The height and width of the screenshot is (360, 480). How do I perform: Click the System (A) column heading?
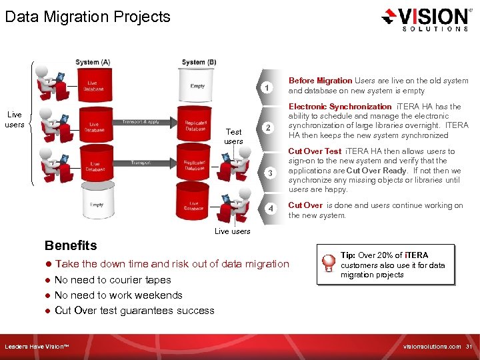coord(93,63)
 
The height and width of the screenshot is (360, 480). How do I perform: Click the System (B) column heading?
coord(199,63)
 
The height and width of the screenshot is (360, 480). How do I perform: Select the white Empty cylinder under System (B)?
coord(197,85)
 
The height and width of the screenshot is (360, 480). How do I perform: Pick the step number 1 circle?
coord(267,87)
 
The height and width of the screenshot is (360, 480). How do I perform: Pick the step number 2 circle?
coord(267,128)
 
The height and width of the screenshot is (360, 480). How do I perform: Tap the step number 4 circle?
coord(270,209)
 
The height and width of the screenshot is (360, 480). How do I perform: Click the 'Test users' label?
coord(233,137)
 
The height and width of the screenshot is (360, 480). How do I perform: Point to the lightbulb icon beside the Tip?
coord(328,264)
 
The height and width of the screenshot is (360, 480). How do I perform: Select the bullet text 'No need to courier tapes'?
coord(113,280)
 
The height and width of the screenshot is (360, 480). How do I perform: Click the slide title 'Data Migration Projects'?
coord(87,17)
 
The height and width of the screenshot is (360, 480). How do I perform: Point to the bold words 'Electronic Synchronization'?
coord(339,107)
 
